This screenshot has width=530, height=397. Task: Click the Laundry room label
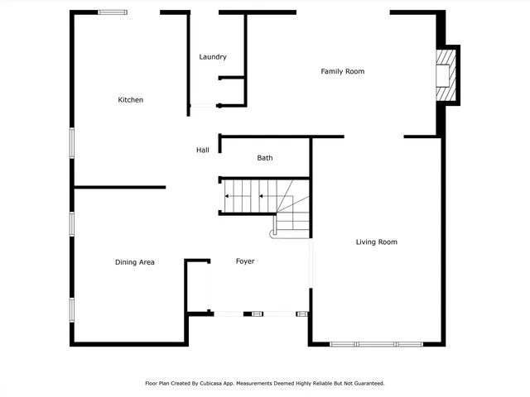click(213, 57)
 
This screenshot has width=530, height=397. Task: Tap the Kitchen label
click(131, 100)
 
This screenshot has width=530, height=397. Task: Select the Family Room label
click(343, 72)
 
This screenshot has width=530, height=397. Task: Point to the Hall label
click(202, 150)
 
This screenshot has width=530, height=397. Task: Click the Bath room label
click(265, 158)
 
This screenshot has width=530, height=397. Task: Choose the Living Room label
click(377, 242)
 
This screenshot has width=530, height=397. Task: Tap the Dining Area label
click(135, 262)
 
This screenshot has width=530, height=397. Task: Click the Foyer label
click(245, 261)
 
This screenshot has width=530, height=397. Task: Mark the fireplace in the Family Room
click(447, 75)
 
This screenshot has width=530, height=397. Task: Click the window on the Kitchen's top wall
click(113, 12)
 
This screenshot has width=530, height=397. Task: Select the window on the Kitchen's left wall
click(72, 141)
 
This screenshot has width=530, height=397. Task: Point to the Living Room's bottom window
click(376, 343)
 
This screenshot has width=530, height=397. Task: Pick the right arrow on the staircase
click(263, 197)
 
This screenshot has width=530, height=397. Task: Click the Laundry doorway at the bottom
click(203, 105)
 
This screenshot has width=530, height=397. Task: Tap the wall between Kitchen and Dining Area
click(120, 187)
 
